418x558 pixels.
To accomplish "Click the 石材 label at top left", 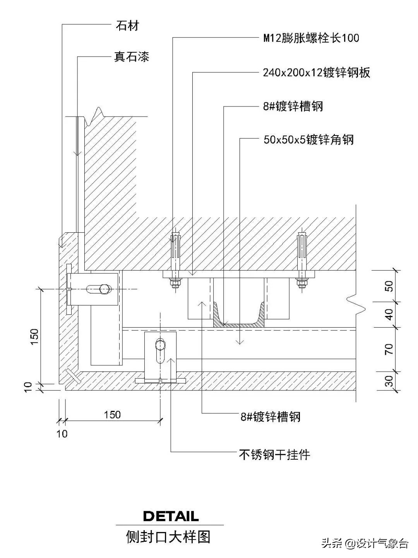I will [x=127, y=26].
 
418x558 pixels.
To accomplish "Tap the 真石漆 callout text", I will [x=131, y=57].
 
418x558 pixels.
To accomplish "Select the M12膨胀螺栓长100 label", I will [x=311, y=38].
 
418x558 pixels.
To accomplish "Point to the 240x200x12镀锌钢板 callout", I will [x=316, y=72].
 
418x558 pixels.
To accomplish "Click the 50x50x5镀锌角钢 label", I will [x=308, y=139].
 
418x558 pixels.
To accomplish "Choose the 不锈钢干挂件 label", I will [x=274, y=454].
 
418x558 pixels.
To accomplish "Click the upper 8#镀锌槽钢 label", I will [x=293, y=106].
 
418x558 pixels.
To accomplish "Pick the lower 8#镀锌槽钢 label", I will [x=271, y=417].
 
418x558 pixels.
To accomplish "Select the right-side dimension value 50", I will [x=389, y=286].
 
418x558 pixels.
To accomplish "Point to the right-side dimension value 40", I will [x=389, y=314].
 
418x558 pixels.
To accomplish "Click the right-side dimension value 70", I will [x=389, y=349].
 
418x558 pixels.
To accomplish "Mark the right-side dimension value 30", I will [x=389, y=381].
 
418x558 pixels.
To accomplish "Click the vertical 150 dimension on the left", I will [x=34, y=336].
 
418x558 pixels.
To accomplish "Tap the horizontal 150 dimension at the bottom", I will [x=112, y=415].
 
